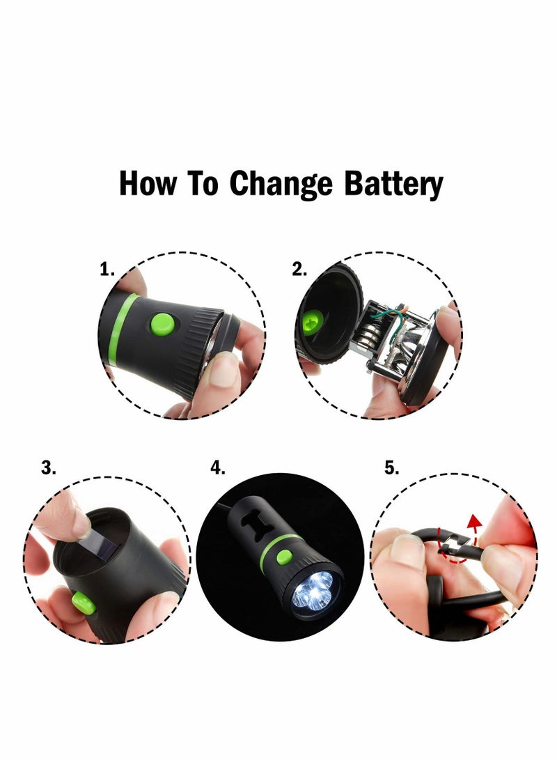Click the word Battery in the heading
point(393,185)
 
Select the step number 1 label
point(107,270)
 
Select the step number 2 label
point(299,270)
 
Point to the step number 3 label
point(48,469)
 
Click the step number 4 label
point(218,469)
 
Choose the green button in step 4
point(283,556)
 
